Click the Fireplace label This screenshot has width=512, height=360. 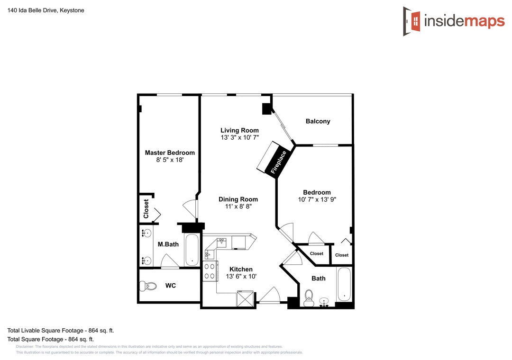tap(278, 162)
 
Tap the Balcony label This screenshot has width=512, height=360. tap(318, 121)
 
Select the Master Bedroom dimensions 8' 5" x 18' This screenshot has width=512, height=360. tap(170, 160)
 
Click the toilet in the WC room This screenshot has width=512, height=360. tap(148, 286)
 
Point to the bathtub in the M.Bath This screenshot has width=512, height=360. tap(192, 250)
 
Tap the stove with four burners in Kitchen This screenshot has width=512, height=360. tap(210, 271)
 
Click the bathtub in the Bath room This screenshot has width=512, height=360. tap(344, 284)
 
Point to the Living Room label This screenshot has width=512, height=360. tap(239, 131)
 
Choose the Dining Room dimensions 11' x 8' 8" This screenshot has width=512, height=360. tap(238, 207)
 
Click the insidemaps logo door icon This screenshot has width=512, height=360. tap(412, 21)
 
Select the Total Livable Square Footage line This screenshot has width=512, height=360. tap(61, 331)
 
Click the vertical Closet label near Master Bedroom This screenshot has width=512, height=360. tap(146, 208)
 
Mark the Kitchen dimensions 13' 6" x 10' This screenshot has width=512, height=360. tap(241, 277)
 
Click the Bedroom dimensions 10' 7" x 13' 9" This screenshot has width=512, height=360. tap(317, 199)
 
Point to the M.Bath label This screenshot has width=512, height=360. tap(168, 244)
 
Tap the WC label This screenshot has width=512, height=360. tap(171, 286)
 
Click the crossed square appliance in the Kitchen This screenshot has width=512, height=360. tap(245, 298)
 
